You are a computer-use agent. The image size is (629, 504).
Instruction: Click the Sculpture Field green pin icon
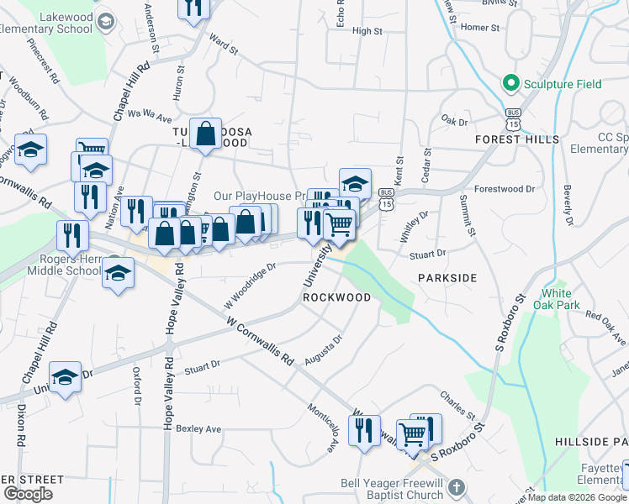(x=510, y=83)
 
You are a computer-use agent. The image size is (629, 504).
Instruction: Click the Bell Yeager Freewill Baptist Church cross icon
(x=456, y=488)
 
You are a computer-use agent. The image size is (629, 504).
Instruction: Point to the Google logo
(x=28, y=494)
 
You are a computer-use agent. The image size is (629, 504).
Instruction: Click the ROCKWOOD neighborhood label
(x=336, y=297)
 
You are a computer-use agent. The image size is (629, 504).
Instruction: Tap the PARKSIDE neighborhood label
(x=447, y=277)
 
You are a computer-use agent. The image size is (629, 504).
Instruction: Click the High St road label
(x=367, y=31)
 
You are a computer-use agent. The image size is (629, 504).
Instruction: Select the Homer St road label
(x=480, y=28)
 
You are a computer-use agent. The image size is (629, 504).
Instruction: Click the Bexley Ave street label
(x=199, y=428)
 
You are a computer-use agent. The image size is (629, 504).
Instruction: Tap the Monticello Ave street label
(x=321, y=433)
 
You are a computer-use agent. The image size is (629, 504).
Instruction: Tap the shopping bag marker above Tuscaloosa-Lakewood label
(x=205, y=133)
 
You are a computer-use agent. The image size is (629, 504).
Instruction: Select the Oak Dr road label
(x=453, y=122)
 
